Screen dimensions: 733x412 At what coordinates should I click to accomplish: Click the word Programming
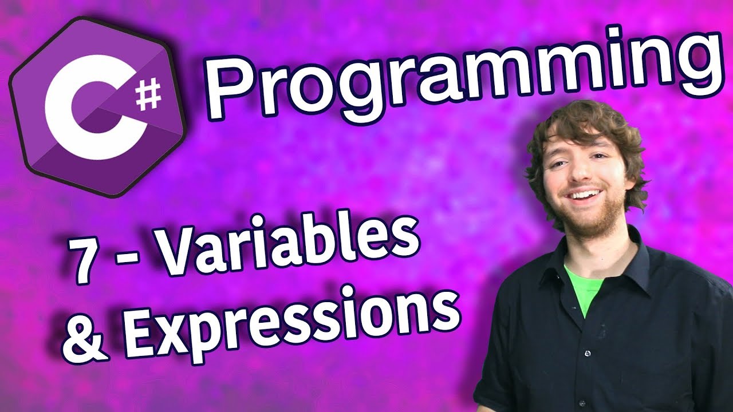pyautogui.click(x=462, y=77)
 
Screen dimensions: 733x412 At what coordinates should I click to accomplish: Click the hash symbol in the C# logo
pyautogui.click(x=148, y=96)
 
